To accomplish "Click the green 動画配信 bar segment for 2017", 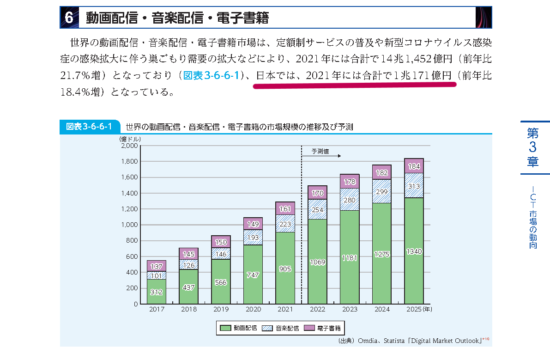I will [157, 292].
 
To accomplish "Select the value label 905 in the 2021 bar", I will [285, 269].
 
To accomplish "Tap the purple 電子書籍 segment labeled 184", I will [414, 166].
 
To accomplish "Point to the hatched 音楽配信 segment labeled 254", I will [317, 209].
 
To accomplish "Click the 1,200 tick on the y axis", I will [129, 209].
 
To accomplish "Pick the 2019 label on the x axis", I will [221, 309].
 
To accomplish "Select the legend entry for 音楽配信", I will [281, 328].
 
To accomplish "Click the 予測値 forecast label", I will [320, 151].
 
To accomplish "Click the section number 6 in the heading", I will [69, 18].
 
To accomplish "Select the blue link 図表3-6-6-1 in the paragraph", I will [211, 76].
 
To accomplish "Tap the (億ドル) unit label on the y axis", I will [130, 139].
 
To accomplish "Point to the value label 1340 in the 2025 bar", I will [414, 251].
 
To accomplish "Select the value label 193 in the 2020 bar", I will [253, 237].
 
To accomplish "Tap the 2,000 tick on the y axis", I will [129, 146].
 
